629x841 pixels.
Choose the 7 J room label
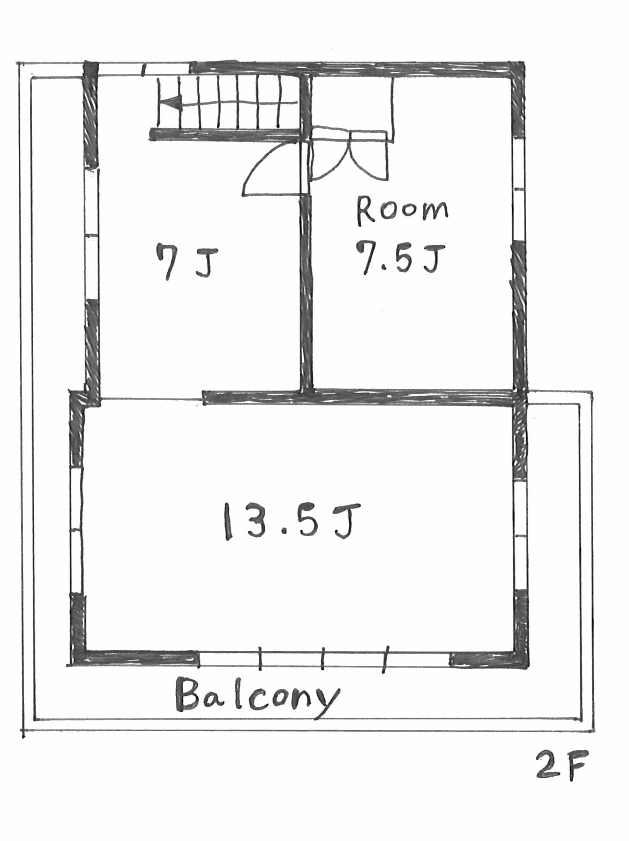(x=187, y=262)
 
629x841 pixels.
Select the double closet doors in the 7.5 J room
(x=349, y=155)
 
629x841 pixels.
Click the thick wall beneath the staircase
(x=224, y=134)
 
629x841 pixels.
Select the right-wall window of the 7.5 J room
(x=520, y=189)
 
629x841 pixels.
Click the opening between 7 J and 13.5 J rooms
(x=151, y=400)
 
